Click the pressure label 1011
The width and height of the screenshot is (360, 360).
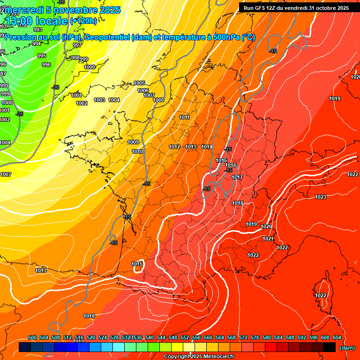click(x=184, y=118)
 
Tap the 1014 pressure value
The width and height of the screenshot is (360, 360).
click(x=207, y=147)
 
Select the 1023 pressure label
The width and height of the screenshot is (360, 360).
click(x=321, y=197)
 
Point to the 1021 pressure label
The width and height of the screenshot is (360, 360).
click(x=268, y=239)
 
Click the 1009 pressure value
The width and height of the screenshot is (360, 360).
click(x=133, y=142)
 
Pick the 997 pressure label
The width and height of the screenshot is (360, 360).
click(x=77, y=45)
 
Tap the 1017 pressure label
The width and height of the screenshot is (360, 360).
click(x=237, y=178)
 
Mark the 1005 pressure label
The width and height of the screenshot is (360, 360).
click(x=139, y=83)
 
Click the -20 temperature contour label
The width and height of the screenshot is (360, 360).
click(x=55, y=87)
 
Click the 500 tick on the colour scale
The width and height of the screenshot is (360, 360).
click(x=32, y=337)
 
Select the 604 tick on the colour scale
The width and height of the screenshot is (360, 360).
click(x=337, y=337)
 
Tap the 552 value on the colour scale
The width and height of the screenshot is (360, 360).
click(x=185, y=337)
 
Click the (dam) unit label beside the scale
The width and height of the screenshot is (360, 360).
click(x=347, y=348)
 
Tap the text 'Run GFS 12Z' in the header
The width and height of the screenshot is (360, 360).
click(x=260, y=8)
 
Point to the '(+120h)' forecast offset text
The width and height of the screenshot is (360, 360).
click(x=83, y=21)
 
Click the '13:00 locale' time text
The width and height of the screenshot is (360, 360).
click(x=36, y=21)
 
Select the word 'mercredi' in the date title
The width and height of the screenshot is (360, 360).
click(x=23, y=10)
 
